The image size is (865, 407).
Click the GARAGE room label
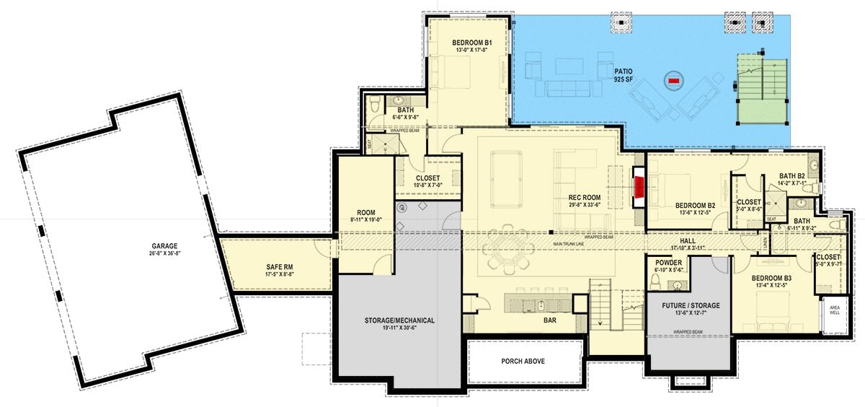[x=165, y=246]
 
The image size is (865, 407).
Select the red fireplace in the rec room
[x=639, y=188]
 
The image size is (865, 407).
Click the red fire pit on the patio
[x=674, y=81]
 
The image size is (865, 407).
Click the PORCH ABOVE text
[x=523, y=361]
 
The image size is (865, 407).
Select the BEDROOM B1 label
[x=472, y=43]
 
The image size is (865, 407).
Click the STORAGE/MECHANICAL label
[x=399, y=320]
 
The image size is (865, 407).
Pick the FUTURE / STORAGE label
[x=691, y=305]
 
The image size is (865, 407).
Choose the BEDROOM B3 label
[x=771, y=278]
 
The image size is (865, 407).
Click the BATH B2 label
[x=791, y=175]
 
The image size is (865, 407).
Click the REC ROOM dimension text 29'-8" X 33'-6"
[x=585, y=205]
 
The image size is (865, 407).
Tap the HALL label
[x=687, y=240]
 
